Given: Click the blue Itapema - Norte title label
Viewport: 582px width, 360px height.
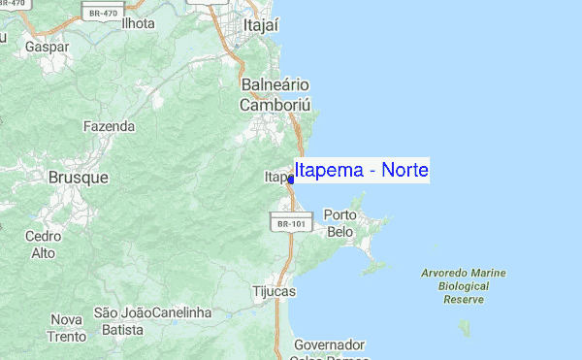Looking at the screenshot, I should pyautogui.click(x=361, y=171).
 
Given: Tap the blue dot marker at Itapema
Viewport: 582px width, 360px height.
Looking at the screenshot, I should pyautogui.click(x=291, y=180).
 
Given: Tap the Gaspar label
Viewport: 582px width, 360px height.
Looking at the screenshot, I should pyautogui.click(x=46, y=46).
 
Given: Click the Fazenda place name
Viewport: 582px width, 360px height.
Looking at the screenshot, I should pyautogui.click(x=108, y=126).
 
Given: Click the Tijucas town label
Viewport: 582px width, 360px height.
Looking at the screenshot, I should pyautogui.click(x=274, y=291).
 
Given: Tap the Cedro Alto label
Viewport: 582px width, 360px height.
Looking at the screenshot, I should pyautogui.click(x=44, y=244).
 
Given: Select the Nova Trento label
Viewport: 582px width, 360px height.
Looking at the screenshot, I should pyautogui.click(x=67, y=327).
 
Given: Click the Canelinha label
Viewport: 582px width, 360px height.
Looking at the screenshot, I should pyautogui.click(x=182, y=312).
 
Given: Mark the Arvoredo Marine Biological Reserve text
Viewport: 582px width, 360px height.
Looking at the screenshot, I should pyautogui.click(x=464, y=286).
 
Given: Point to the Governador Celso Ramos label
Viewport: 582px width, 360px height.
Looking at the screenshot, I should pyautogui.click(x=329, y=351).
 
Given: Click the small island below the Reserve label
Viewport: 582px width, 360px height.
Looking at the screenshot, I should pyautogui.click(x=465, y=326).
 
